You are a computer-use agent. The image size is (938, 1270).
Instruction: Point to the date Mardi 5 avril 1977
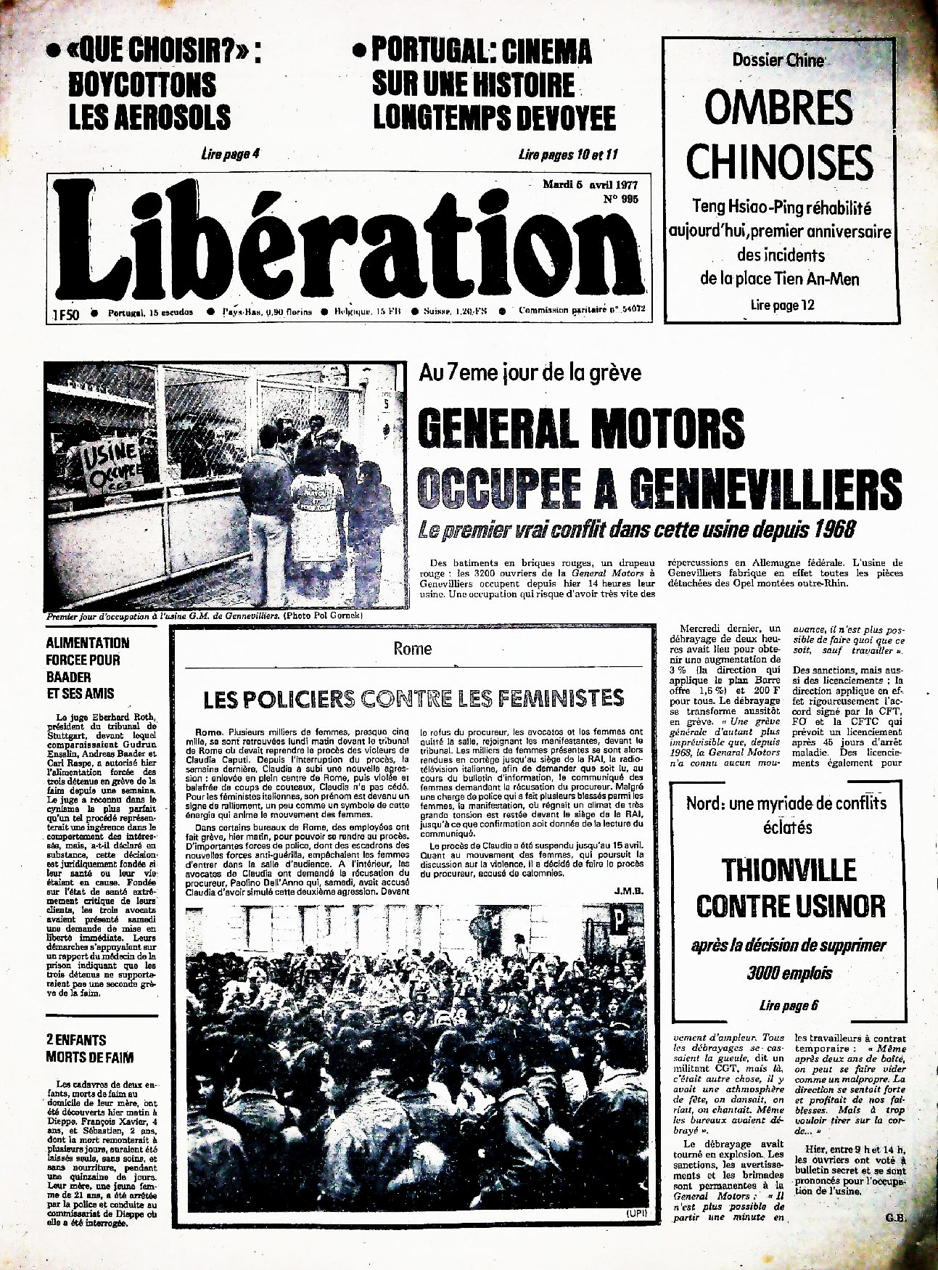(585, 184)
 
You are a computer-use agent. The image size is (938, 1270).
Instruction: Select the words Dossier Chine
(778, 61)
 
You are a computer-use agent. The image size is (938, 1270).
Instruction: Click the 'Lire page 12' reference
(782, 306)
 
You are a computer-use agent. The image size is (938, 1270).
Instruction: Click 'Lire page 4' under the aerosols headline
(229, 154)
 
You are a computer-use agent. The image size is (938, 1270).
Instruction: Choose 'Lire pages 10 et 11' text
(568, 154)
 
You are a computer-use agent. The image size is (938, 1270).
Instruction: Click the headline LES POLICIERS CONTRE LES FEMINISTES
(414, 699)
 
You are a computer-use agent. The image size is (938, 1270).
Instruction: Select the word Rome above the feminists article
(412, 649)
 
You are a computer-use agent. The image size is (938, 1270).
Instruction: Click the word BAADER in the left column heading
(68, 677)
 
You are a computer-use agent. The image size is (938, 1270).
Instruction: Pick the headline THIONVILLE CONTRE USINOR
(790, 888)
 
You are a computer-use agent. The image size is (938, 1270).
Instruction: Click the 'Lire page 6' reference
(789, 1005)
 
